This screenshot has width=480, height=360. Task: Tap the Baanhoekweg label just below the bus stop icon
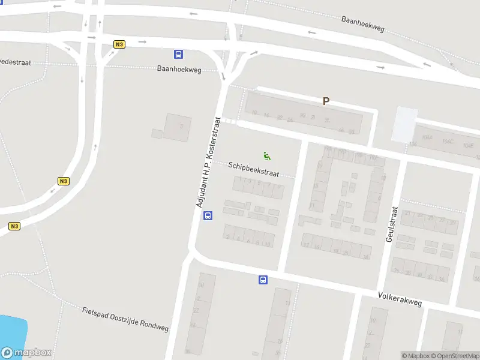[179, 69]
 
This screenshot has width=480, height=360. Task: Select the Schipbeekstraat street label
[253, 169]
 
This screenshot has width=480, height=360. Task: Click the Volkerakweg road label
[400, 299]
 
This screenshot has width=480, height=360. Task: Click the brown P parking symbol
[326, 101]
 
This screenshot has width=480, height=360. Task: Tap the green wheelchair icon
[267, 155]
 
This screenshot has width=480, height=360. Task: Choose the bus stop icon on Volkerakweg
[263, 280]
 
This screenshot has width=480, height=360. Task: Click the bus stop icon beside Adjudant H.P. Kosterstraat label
[208, 216]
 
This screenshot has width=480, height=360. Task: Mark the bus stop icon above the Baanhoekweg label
[179, 55]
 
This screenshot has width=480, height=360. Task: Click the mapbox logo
[26, 353]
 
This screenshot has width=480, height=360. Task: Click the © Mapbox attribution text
[415, 356]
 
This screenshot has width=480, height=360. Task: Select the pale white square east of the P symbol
[405, 124]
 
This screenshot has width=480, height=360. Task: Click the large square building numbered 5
[178, 127]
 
